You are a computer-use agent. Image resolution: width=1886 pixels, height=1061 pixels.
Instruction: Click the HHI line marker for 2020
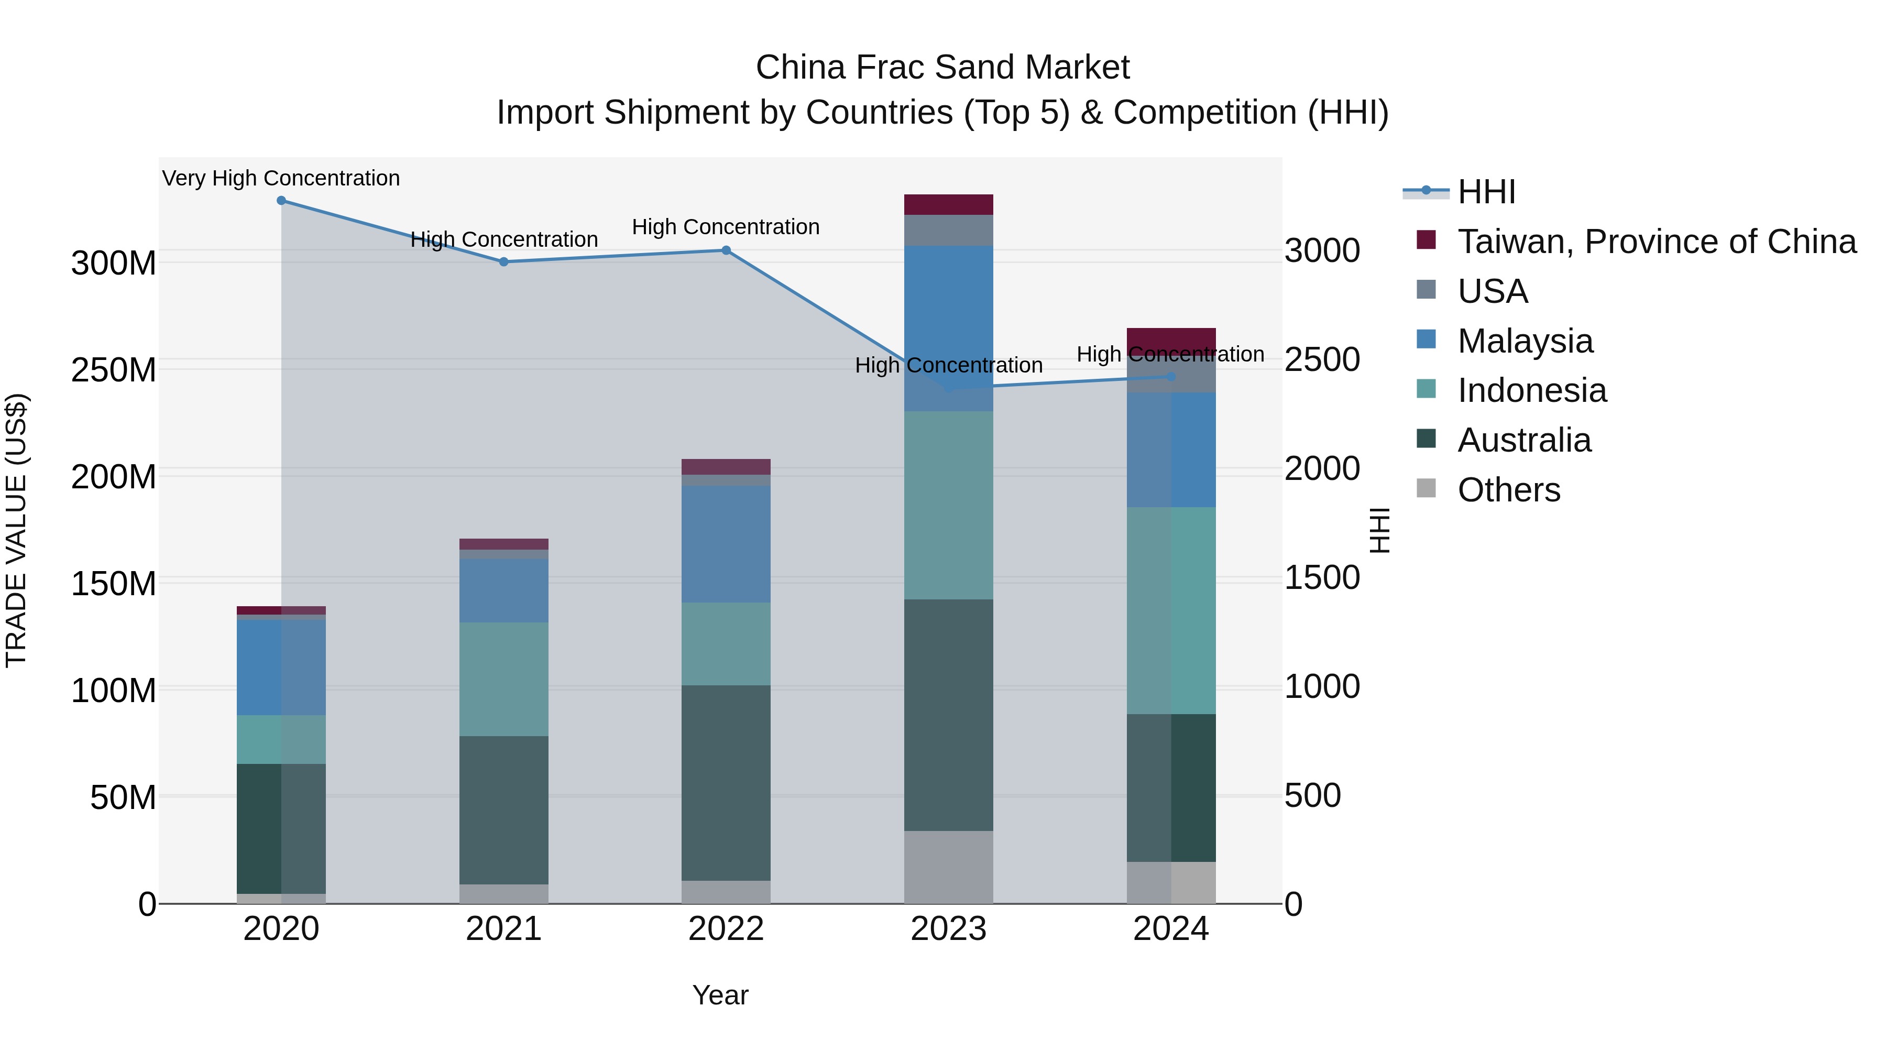281,200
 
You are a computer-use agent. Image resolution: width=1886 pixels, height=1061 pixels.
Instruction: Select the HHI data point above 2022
726,250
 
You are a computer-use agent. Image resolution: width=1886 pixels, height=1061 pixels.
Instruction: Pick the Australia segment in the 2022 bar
726,782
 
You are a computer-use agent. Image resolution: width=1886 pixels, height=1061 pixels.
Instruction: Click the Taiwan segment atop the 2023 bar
948,204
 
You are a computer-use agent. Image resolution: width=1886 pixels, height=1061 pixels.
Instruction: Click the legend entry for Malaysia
1525,341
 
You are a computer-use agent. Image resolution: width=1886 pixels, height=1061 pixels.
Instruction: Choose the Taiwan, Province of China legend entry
1656,242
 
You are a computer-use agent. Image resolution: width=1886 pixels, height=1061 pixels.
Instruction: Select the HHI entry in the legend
1486,192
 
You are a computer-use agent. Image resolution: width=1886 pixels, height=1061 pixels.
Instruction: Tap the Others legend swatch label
1508,490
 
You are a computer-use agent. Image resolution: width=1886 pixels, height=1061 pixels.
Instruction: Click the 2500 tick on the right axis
1322,359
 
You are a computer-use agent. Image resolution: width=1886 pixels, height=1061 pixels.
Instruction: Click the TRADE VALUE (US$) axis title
16,530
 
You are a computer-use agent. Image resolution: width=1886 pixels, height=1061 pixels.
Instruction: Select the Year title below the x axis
720,995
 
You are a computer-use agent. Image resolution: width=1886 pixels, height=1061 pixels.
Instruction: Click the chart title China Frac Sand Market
942,68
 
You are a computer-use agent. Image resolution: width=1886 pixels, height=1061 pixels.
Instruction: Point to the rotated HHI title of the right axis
1379,530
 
